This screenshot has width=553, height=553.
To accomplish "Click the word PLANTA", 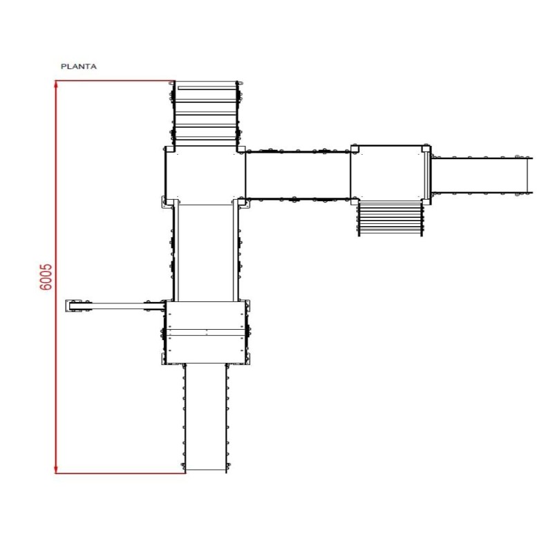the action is point(79,66).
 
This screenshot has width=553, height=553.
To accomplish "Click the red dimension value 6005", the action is point(46,277).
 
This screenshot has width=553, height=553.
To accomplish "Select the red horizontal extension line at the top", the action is point(115,81).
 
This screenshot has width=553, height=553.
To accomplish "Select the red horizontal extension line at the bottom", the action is point(120,474).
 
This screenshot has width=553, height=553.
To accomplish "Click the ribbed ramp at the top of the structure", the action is point(205,113).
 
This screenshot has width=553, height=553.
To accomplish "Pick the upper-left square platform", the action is point(205,176).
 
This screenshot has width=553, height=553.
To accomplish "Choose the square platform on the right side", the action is point(391,174).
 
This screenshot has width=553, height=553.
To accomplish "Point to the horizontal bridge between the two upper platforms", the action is point(298,176).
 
